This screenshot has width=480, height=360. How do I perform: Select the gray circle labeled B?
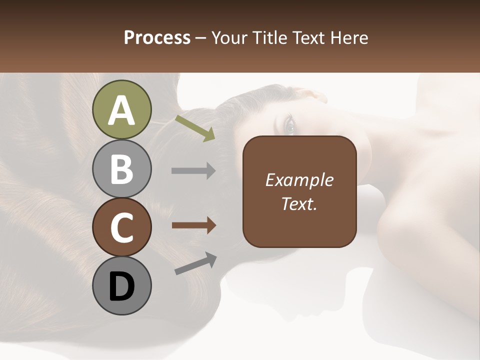pos(121,169)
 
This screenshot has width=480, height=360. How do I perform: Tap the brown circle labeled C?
pos(121,227)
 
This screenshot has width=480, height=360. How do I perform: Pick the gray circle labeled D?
pos(121,285)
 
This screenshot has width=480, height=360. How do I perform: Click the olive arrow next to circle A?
pos(194,127)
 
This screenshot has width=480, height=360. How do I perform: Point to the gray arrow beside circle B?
pos(193,171)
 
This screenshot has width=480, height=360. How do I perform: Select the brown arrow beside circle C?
pos(193,225)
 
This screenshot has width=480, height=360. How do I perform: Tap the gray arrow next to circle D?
pos(195,263)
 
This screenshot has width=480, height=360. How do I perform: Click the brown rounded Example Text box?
pos(299,192)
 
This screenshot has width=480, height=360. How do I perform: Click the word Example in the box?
pos(299,180)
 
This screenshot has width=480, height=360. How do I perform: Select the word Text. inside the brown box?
pos(299,204)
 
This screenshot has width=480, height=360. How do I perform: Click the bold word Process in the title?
pos(157,37)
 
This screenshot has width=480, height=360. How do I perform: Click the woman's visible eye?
pos(289,125)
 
